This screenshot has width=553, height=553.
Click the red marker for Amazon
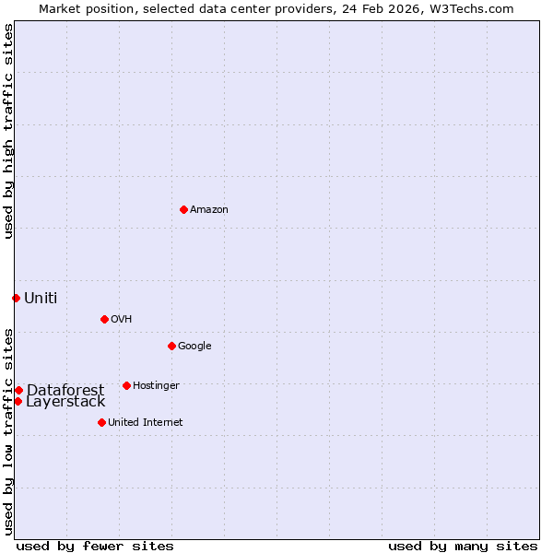coord(183,209)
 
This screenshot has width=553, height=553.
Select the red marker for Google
coord(171,346)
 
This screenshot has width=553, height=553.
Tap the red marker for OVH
coord(104,319)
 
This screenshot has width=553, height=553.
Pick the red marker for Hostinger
coord(126,385)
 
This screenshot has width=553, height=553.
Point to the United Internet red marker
coord(101,422)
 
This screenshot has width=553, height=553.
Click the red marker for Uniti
coord(16,298)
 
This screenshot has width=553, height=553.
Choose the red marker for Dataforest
coord(18,390)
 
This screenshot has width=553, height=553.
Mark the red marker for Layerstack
coord(18,401)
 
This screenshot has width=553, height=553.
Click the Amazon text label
coord(209,210)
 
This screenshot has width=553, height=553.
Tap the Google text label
coord(194,347)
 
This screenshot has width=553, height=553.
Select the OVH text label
coord(121,320)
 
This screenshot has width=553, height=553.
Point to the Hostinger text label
coord(156,386)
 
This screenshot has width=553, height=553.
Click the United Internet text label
coord(145,423)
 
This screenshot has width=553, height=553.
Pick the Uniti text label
coord(41,298)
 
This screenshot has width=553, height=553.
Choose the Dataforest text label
coord(65,390)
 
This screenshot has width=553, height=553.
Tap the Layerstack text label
coord(65,402)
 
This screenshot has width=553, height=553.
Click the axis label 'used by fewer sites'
coord(95,546)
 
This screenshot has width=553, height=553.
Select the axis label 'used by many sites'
coord(463,546)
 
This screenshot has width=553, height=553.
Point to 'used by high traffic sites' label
coord(8,131)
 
